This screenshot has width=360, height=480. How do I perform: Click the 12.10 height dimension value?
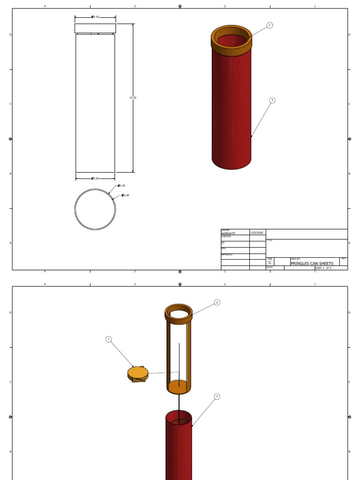point(133,97)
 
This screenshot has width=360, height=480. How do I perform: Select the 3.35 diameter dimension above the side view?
point(95,17)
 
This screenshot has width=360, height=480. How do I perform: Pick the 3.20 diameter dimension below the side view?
point(95,179)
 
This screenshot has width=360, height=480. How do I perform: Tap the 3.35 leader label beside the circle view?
point(121,186)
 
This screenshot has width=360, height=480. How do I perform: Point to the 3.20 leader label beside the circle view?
point(125,195)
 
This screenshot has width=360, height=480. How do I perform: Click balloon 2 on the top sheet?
point(270,25)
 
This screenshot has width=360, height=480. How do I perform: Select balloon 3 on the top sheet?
point(272,100)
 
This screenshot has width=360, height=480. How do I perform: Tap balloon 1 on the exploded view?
point(109,339)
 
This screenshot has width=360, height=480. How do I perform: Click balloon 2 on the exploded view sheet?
point(217,303)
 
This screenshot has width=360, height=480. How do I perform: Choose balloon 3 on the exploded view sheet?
point(217,397)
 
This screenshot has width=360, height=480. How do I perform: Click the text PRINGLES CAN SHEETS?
point(312,263)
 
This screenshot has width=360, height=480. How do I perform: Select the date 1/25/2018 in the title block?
point(256,232)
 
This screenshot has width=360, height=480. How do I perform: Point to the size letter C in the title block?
point(270,263)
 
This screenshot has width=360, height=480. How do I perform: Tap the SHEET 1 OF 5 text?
point(323,268)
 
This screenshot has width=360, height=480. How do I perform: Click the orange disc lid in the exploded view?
point(138,373)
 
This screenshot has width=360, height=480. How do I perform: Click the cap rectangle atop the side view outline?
point(95,28)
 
